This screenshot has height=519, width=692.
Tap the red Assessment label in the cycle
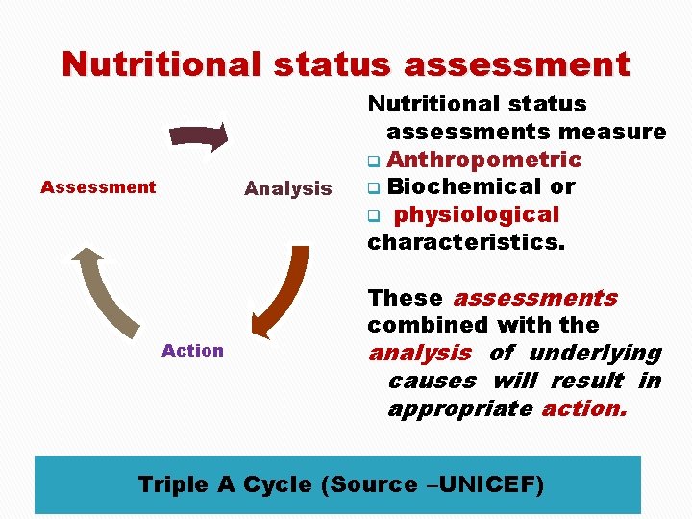click(98, 187)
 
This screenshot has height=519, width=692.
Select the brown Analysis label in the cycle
click(287, 188)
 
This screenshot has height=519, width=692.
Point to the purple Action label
click(192, 351)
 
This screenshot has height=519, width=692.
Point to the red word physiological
click(477, 214)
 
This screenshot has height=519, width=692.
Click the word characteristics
click(466, 242)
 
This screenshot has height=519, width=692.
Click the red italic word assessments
click(535, 298)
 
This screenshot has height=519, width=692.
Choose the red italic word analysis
click(420, 353)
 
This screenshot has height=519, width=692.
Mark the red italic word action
click(584, 408)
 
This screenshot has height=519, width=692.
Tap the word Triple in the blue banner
click(174, 484)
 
